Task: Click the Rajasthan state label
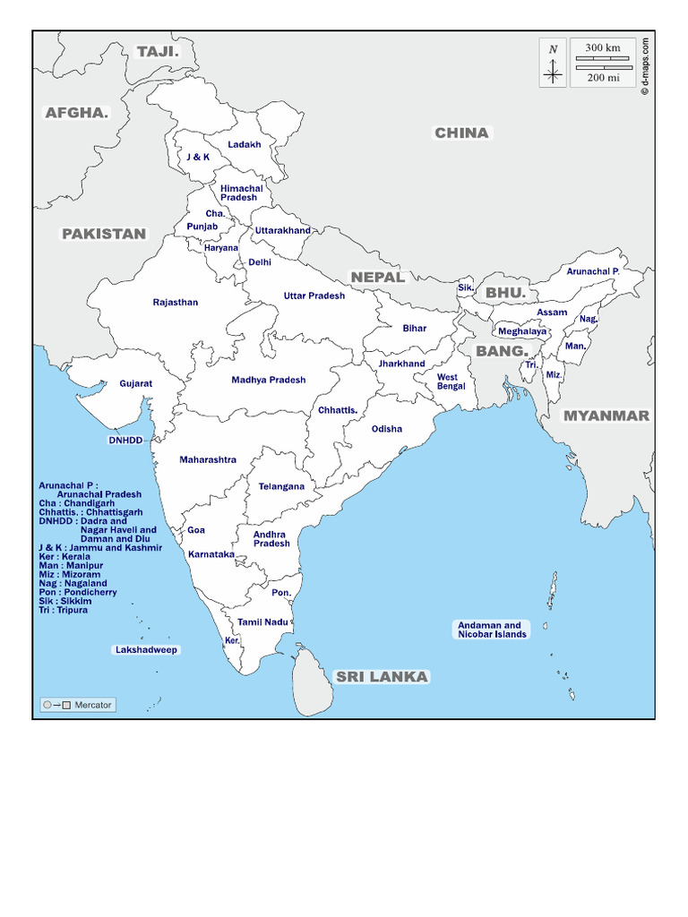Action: tap(176, 303)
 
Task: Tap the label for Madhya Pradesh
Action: tap(269, 380)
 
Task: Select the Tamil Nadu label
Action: tap(262, 621)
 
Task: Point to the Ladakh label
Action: tap(245, 144)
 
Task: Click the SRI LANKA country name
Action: tap(382, 677)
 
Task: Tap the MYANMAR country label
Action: tap(606, 416)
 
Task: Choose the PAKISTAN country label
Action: tap(103, 234)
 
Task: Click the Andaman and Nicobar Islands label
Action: tap(489, 630)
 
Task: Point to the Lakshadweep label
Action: tap(146, 649)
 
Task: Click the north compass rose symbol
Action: tap(554, 66)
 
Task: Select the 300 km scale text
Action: tap(603, 47)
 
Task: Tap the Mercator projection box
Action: tap(78, 705)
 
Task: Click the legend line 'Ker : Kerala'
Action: tap(64, 556)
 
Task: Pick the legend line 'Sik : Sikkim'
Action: tap(64, 601)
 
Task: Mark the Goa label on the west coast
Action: tap(196, 530)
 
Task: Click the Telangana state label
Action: tap(281, 487)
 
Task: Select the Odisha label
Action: tap(387, 429)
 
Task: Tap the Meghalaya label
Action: tap(522, 331)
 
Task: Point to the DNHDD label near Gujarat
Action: tap(126, 441)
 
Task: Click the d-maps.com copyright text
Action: tap(645, 64)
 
